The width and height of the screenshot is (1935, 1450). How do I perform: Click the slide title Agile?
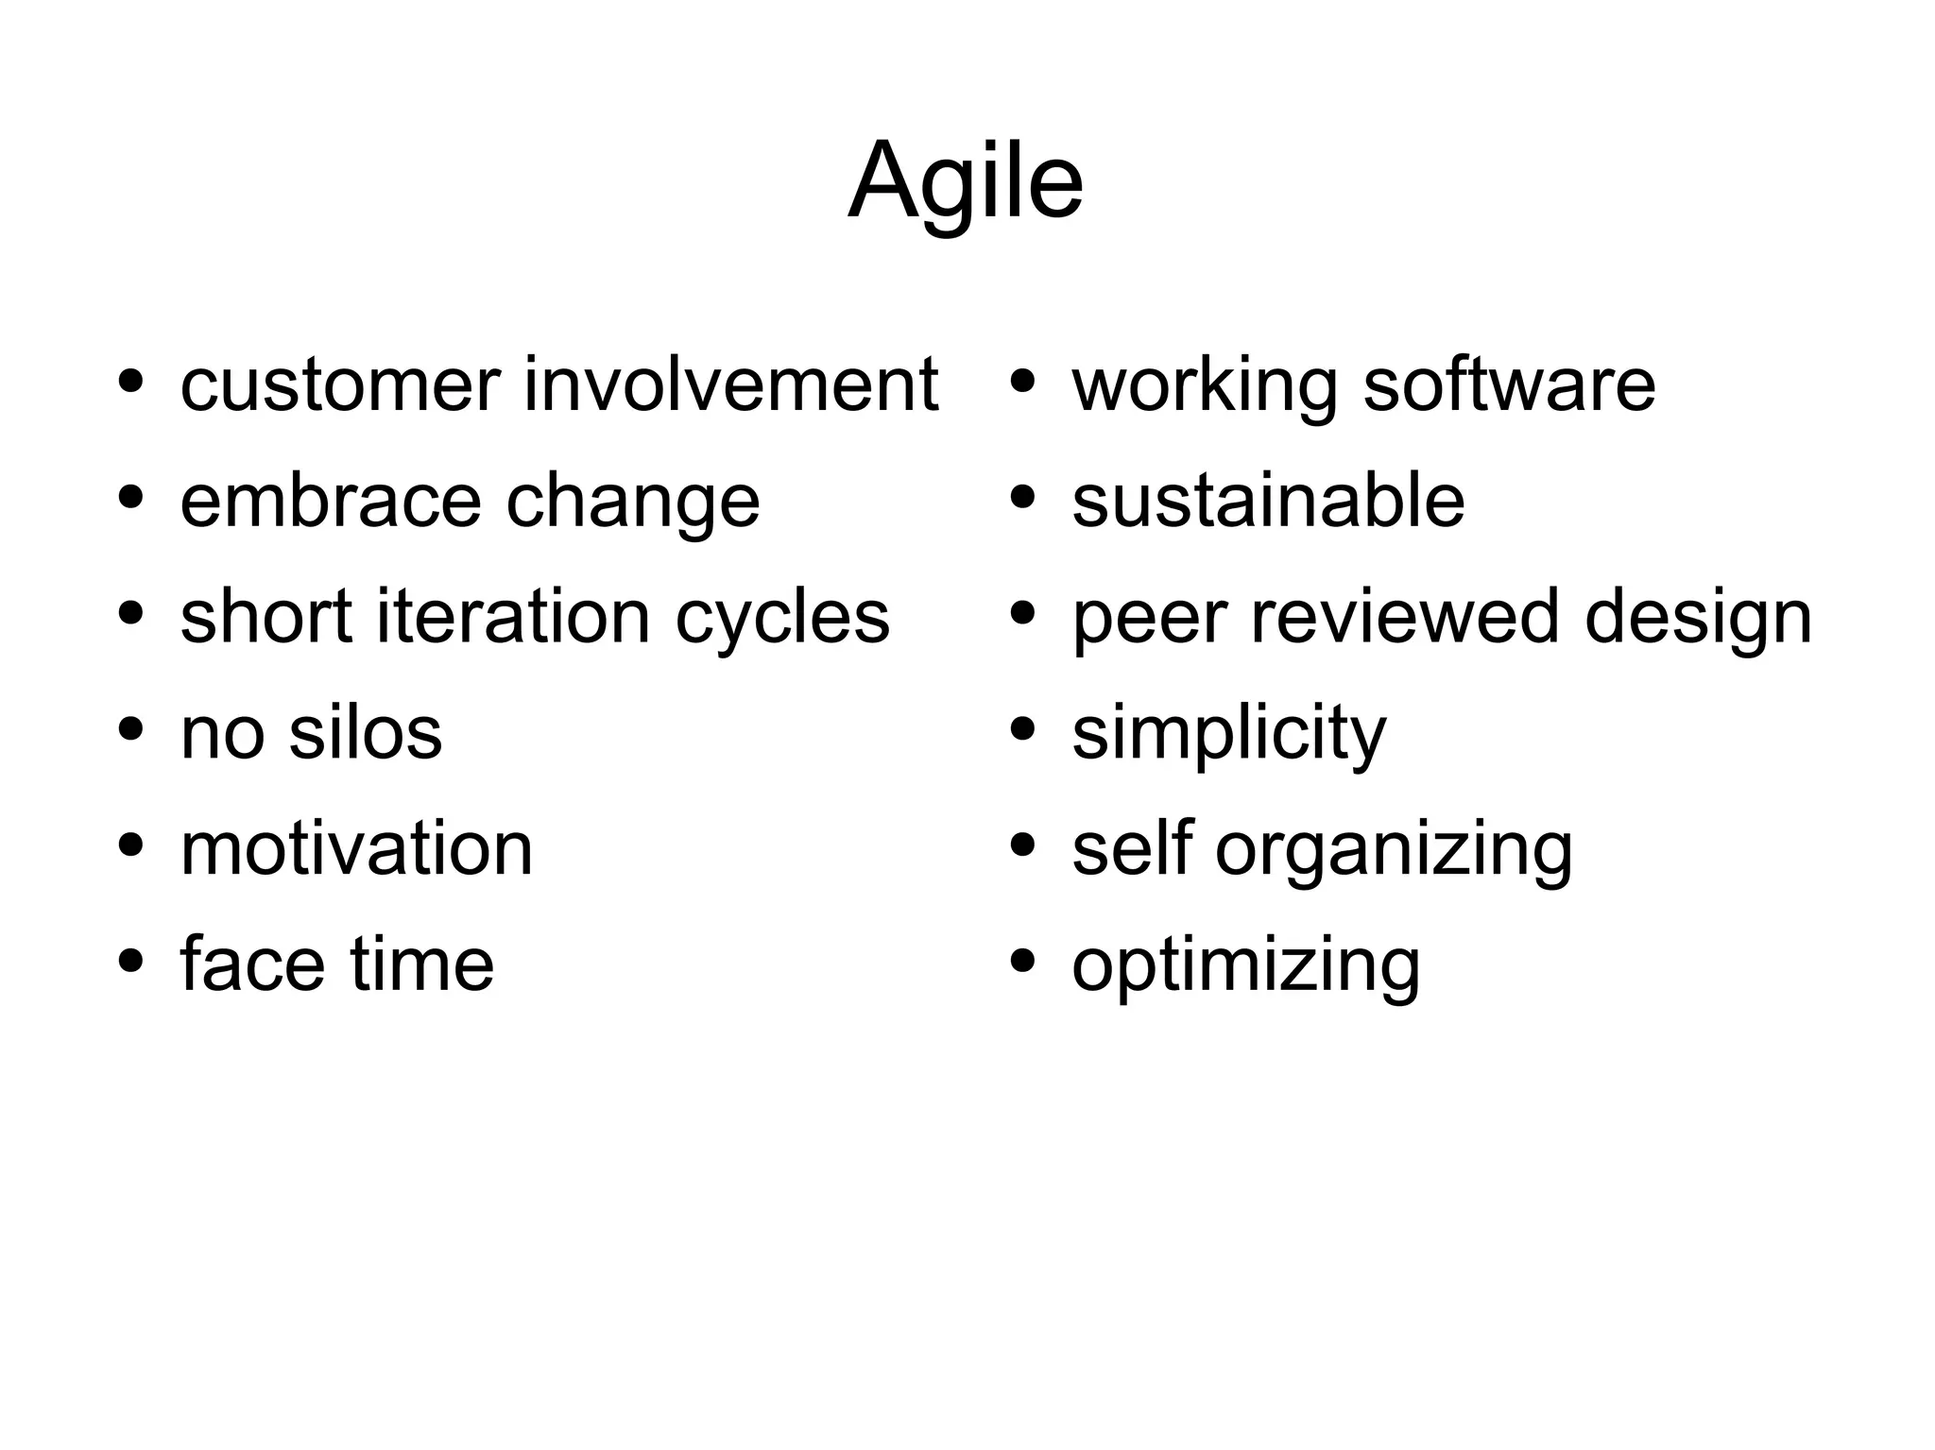(966, 181)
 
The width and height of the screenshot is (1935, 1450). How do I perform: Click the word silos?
(365, 733)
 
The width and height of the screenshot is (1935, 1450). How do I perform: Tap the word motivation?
(356, 849)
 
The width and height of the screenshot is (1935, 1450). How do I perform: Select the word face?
(252, 964)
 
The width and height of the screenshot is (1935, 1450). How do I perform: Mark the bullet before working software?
(1022, 382)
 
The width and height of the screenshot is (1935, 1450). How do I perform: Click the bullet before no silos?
(131, 729)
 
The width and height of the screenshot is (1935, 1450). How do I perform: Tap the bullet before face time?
(131, 962)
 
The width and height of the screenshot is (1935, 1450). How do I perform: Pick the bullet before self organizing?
(1022, 845)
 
